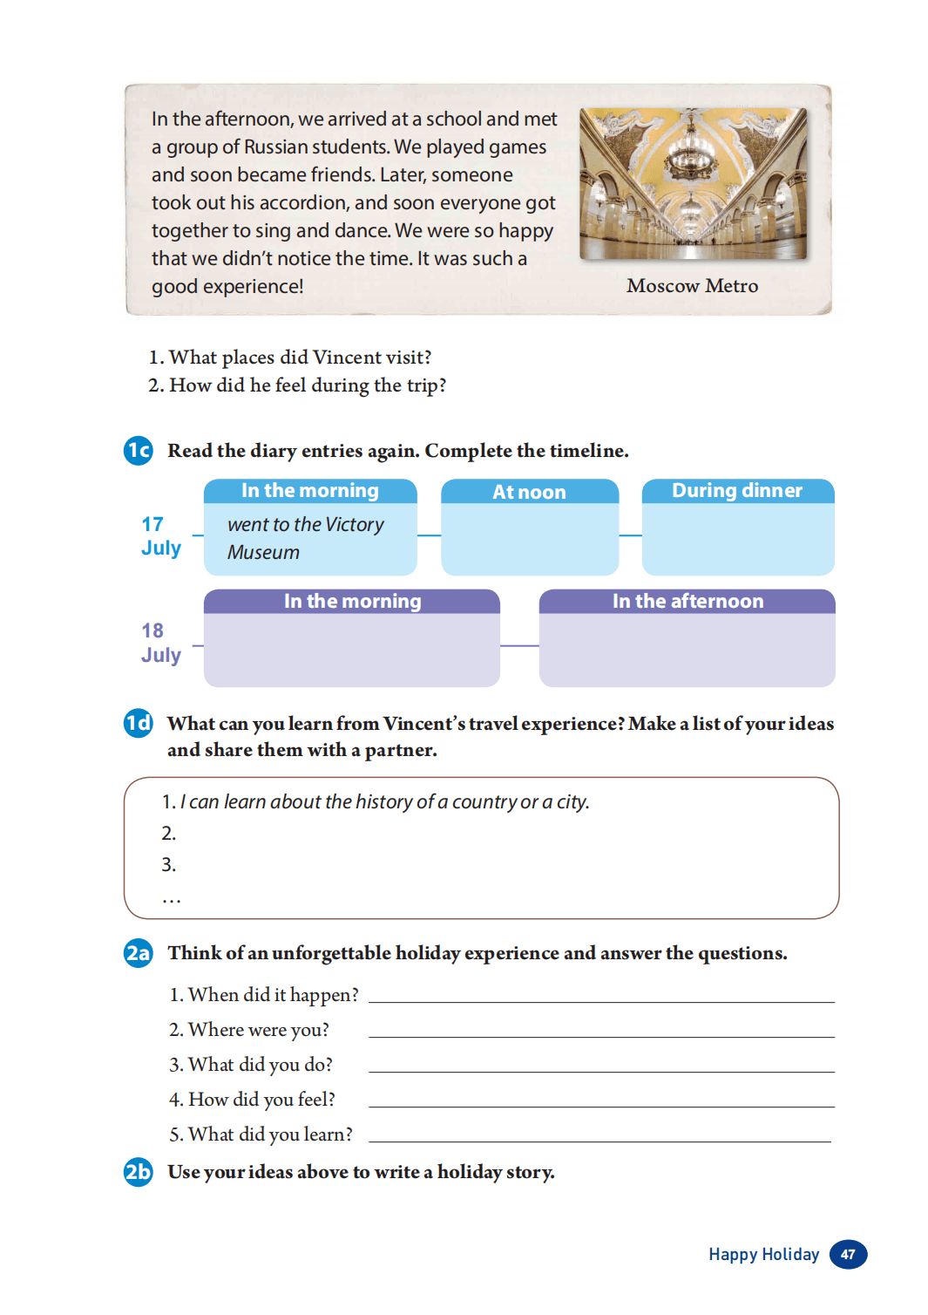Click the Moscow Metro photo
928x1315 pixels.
(693, 183)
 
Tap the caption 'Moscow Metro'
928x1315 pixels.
(692, 286)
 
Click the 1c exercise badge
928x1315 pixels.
(139, 450)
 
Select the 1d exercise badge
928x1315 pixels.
(139, 723)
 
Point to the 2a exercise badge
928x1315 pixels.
(139, 952)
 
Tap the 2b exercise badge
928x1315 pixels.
(139, 1171)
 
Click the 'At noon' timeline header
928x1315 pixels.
(529, 492)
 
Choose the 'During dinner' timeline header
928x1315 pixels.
(737, 491)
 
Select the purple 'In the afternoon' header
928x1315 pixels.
(688, 602)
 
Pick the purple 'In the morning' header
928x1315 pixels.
(352, 602)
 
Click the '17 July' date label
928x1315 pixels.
(160, 536)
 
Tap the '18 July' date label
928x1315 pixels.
(160, 643)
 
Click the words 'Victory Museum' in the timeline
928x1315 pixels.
(306, 538)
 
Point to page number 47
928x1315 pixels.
(848, 1254)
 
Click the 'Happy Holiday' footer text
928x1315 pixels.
(763, 1254)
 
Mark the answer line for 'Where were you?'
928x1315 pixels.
(601, 1035)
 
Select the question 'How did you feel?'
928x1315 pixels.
(253, 1100)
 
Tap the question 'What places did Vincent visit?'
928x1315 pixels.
(291, 358)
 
